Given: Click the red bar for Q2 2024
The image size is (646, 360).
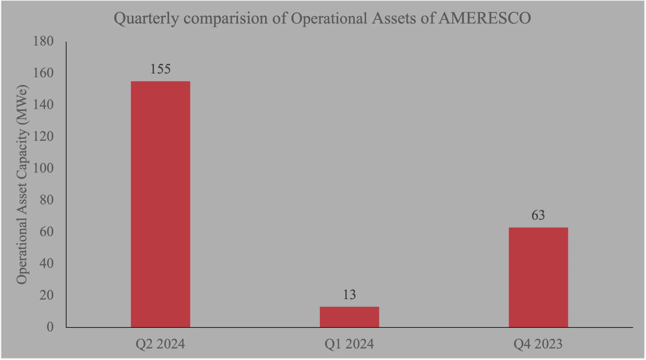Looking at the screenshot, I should tap(160, 204).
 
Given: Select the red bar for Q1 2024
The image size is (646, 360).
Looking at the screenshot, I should tap(349, 317).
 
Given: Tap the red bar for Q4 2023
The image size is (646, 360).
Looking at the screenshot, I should tap(538, 277).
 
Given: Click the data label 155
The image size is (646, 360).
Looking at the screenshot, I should tap(160, 69).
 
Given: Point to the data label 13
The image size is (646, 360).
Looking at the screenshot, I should tap(349, 295).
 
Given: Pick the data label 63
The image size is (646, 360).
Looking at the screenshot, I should tap(538, 215).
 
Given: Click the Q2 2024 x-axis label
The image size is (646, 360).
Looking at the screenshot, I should tap(160, 344).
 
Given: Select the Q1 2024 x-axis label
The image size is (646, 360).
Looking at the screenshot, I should tap(349, 344).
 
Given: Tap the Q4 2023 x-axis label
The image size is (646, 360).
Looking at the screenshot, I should tap(538, 344).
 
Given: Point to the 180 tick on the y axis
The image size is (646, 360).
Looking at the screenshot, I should tap(43, 41).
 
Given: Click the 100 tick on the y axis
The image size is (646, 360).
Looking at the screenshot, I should tap(43, 168).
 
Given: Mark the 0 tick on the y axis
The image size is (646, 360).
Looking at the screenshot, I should tap(50, 327).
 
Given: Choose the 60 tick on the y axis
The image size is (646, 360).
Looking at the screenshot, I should tap(46, 231).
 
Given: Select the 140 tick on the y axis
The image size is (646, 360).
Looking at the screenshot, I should tap(43, 105).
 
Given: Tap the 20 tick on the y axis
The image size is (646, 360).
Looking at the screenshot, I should tap(46, 295).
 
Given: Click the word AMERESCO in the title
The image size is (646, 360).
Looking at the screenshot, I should tap(485, 18).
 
